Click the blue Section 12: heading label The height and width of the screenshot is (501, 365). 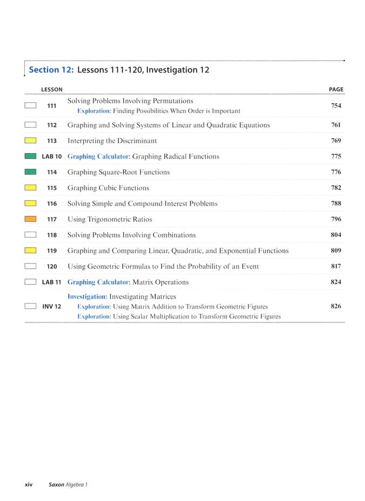click(x=51, y=70)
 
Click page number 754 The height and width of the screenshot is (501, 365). click(x=336, y=106)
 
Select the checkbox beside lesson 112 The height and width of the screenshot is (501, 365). click(x=30, y=125)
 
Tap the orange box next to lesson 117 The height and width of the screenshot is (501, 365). click(x=30, y=219)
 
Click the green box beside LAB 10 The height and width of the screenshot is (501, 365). click(x=30, y=156)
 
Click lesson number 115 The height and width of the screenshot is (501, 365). click(x=52, y=188)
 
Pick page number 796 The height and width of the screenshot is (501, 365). click(x=336, y=219)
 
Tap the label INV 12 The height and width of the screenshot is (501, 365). click(x=51, y=306)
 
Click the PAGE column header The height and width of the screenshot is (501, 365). click(x=336, y=89)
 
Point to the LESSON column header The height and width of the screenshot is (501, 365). click(x=52, y=89)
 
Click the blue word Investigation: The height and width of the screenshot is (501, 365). click(x=87, y=296)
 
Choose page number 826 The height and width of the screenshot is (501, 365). click(x=336, y=306)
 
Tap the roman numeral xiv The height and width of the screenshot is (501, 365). click(x=29, y=484)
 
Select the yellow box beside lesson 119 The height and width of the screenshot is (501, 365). click(x=30, y=250)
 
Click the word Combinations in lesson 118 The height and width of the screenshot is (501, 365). click(x=174, y=235)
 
